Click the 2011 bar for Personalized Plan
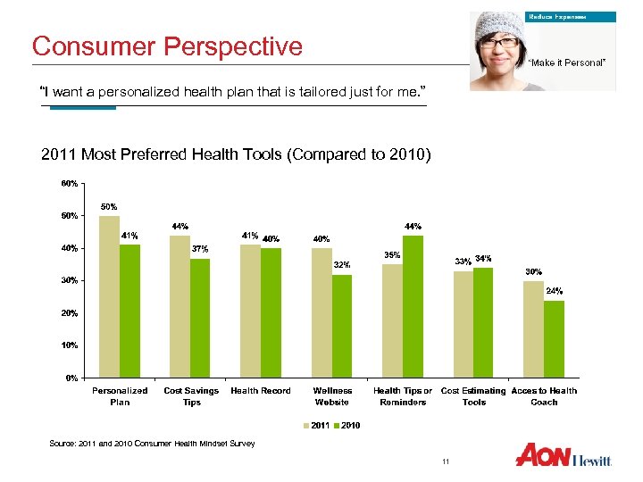pyautogui.click(x=109, y=296)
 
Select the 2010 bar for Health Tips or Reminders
pyautogui.click(x=413, y=306)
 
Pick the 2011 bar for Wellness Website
pyautogui.click(x=321, y=312)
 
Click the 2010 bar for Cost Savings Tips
pyautogui.click(x=201, y=318)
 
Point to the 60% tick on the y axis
pyautogui.click(x=68, y=183)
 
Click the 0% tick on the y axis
pyautogui.click(x=70, y=378)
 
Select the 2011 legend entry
pyautogui.click(x=318, y=426)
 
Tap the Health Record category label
pyautogui.click(x=261, y=391)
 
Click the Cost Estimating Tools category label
pyautogui.click(x=473, y=396)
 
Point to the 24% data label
pyautogui.click(x=555, y=291)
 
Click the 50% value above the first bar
pyautogui.click(x=109, y=206)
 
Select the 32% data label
pyautogui.click(x=342, y=265)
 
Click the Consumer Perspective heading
pyautogui.click(x=167, y=46)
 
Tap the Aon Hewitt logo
pyautogui.click(x=564, y=454)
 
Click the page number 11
pyautogui.click(x=445, y=461)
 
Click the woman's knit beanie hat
pyautogui.click(x=499, y=23)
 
